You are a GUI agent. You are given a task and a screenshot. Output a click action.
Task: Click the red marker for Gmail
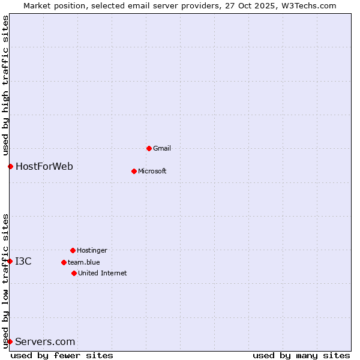pyautogui.click(x=149, y=148)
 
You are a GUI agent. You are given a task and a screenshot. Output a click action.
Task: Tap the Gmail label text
pyautogui.click(x=162, y=148)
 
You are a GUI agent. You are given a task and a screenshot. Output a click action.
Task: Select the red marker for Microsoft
pyautogui.click(x=134, y=171)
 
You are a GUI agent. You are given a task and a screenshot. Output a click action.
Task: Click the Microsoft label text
pyautogui.click(x=152, y=171)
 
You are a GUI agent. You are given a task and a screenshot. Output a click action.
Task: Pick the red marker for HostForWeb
pyautogui.click(x=10, y=166)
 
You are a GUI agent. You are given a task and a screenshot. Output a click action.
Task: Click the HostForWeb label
pyautogui.click(x=44, y=166)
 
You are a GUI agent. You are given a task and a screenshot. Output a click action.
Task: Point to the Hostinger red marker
pyautogui.click(x=73, y=250)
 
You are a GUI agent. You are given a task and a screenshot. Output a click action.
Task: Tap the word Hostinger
pyautogui.click(x=92, y=250)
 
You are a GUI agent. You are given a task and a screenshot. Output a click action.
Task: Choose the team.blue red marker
pyautogui.click(x=64, y=262)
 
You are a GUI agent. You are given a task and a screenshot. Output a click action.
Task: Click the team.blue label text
pyautogui.click(x=83, y=262)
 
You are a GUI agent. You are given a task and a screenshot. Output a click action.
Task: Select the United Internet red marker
pyautogui.click(x=74, y=273)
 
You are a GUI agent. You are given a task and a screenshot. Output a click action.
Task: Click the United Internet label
pyautogui.click(x=102, y=273)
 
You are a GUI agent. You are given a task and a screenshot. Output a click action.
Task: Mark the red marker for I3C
pyautogui.click(x=10, y=261)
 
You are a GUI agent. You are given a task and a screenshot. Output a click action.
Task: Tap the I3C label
pyautogui.click(x=23, y=261)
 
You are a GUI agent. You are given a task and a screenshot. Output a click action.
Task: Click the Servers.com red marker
pyautogui.click(x=10, y=341)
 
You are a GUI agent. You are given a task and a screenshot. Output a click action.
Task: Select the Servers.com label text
pyautogui.click(x=45, y=342)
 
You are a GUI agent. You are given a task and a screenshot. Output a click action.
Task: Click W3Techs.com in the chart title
pyautogui.click(x=307, y=5)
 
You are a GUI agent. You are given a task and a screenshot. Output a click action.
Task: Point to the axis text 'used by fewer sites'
pyautogui.click(x=62, y=355)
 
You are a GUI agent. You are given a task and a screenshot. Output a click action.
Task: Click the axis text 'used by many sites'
pyautogui.click(x=301, y=355)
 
